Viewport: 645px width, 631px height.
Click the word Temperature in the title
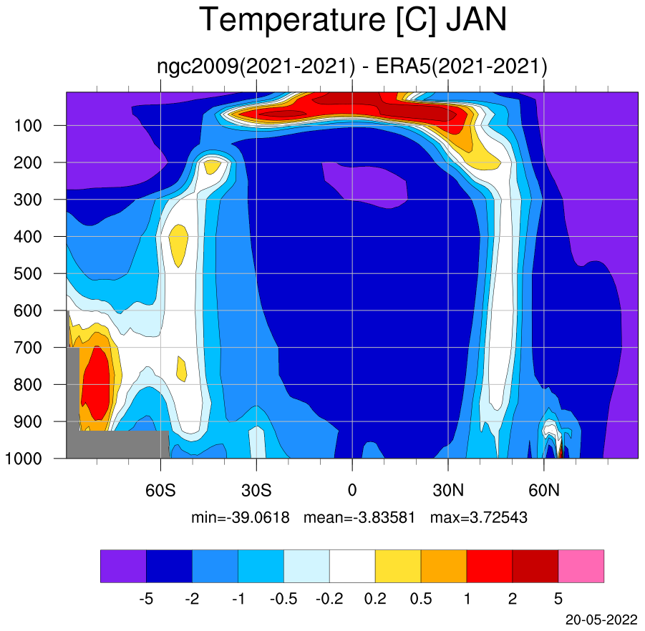pyautogui.click(x=292, y=21)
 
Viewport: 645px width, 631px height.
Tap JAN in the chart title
pyautogui.click(x=476, y=20)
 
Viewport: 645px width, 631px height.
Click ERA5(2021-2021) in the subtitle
pyautogui.click(x=461, y=67)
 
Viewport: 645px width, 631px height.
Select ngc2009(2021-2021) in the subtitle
pyautogui.click(x=256, y=67)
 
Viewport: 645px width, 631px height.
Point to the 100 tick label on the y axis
pyautogui.click(x=28, y=126)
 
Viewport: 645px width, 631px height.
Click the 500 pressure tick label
pyautogui.click(x=28, y=274)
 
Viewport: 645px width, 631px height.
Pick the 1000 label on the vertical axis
pyautogui.click(x=24, y=459)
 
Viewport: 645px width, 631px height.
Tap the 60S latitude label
pyautogui.click(x=160, y=490)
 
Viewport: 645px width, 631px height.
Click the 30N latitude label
pyautogui.click(x=448, y=490)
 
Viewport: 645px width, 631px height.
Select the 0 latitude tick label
pyautogui.click(x=352, y=490)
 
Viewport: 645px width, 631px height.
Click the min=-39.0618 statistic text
pyautogui.click(x=241, y=517)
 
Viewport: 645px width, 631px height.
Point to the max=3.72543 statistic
pyautogui.click(x=479, y=517)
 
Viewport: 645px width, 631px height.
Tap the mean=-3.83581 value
pyautogui.click(x=359, y=517)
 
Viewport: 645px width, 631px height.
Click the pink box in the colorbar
pyautogui.click(x=581, y=566)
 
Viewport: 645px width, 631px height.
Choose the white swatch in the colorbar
pyautogui.click(x=352, y=566)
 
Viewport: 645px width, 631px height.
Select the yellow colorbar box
pyautogui.click(x=398, y=566)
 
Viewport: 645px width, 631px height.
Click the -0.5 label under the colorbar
pyautogui.click(x=283, y=599)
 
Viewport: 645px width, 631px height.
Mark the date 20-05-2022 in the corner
pyautogui.click(x=601, y=620)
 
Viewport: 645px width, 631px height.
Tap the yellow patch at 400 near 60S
pyautogui.click(x=178, y=245)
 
